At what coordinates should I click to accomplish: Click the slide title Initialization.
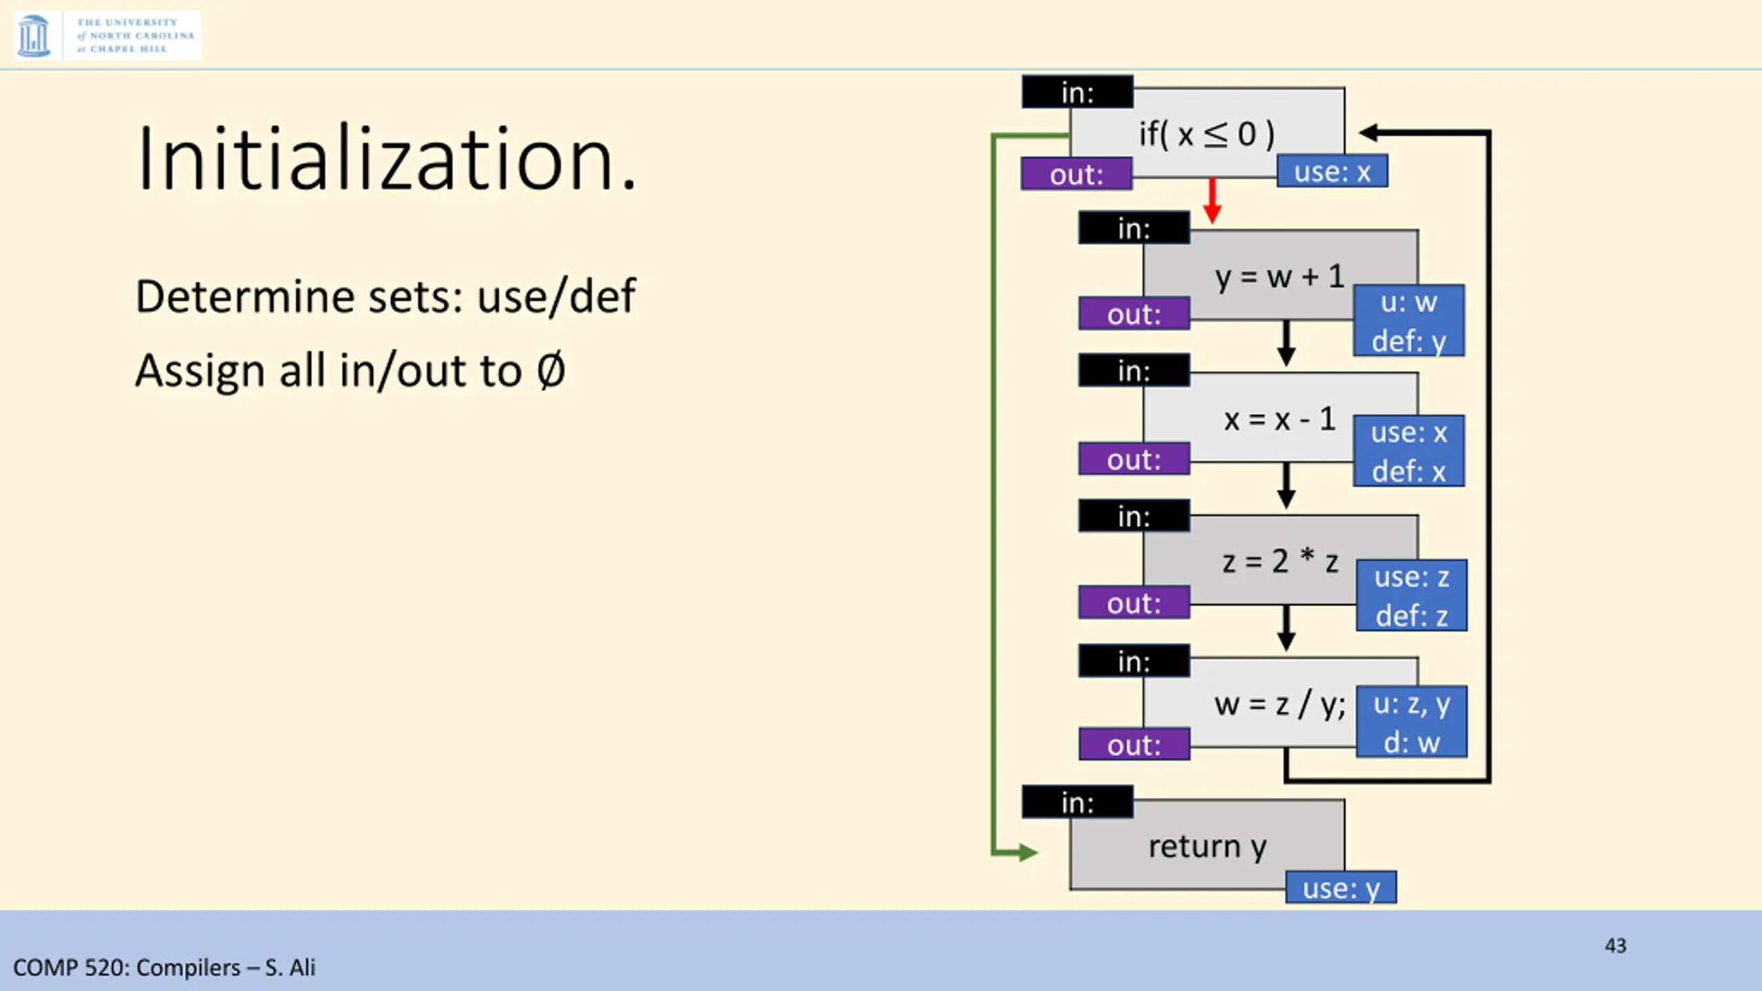click(387, 160)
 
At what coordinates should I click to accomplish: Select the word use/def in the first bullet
click(556, 297)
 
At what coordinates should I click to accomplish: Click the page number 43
click(1615, 946)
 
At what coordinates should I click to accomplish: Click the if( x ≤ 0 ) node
click(1206, 133)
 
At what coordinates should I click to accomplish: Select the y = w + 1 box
click(1279, 277)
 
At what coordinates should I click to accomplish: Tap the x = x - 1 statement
click(1279, 419)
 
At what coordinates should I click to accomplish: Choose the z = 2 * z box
click(1279, 562)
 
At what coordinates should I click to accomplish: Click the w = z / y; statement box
click(1279, 704)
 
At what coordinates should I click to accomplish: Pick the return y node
click(1206, 846)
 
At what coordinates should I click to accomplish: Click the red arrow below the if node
click(1212, 201)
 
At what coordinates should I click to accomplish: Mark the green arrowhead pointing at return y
click(1028, 853)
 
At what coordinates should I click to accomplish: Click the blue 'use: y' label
click(1341, 888)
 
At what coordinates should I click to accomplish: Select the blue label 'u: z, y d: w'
click(1412, 722)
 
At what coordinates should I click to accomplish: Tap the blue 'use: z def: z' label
click(1412, 595)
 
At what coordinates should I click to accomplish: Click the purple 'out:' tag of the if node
click(1076, 174)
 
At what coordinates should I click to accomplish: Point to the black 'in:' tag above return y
click(1077, 802)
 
